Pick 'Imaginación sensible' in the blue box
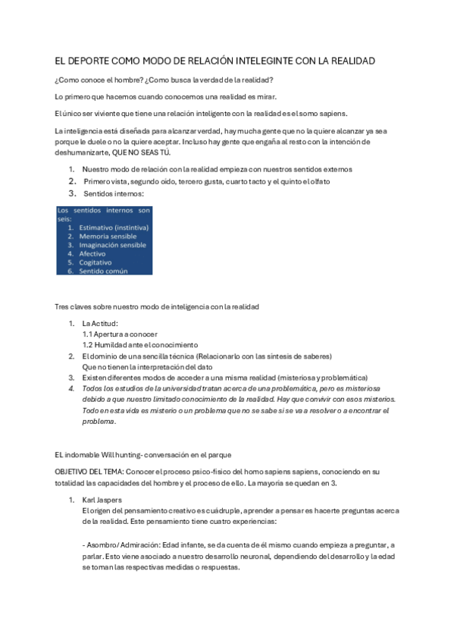click(113, 245)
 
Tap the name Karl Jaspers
click(102, 500)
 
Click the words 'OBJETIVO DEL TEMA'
click(83, 472)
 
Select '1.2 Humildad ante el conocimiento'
click(139, 344)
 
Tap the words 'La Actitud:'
click(100, 324)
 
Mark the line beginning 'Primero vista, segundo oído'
click(196, 182)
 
